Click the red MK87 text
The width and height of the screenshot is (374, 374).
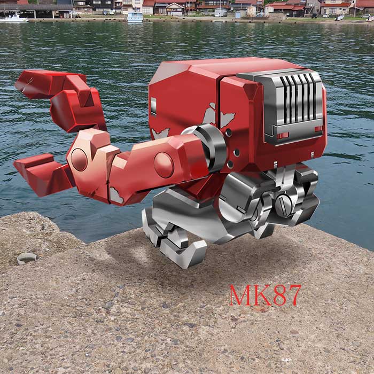click(265, 295)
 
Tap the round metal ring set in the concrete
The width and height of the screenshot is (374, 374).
click(27, 258)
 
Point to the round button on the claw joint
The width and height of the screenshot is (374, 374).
click(79, 160)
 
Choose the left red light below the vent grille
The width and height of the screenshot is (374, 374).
click(283, 136)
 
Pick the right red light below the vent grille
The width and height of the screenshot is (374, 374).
click(318, 129)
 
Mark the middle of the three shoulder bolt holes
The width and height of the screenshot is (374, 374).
click(236, 152)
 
